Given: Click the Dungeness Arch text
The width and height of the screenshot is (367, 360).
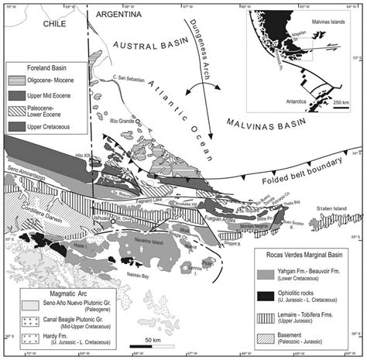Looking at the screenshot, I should point(196,48).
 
